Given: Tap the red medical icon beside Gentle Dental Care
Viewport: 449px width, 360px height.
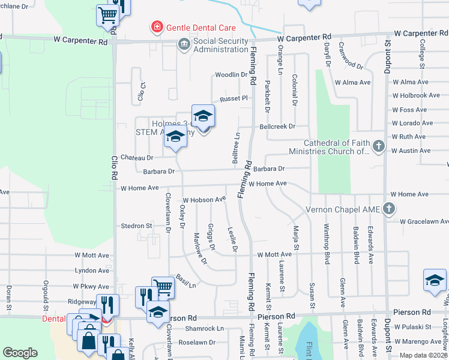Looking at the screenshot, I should (157, 27).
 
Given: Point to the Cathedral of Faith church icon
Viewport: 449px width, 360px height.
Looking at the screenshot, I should (378, 146).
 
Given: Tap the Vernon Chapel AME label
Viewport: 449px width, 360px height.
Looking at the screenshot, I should (344, 209).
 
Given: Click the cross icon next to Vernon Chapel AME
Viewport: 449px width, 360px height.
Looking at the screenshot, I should (389, 209).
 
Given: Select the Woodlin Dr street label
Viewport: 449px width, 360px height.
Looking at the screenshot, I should (231, 75).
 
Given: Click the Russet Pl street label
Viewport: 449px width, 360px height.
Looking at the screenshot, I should (233, 98).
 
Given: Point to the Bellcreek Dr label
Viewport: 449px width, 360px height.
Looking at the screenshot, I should (277, 127).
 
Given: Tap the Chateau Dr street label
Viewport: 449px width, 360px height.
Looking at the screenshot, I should (137, 157).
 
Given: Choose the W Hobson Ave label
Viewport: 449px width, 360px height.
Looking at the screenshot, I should (204, 199).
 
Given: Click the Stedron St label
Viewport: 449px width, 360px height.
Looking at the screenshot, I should (136, 226).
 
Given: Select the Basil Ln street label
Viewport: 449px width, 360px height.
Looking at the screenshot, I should (186, 281).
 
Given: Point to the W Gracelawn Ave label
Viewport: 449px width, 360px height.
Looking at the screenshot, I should (424, 221).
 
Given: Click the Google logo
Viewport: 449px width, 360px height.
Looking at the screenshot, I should (20, 353).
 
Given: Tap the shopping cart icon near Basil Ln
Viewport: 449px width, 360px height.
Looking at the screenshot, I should (163, 287).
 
